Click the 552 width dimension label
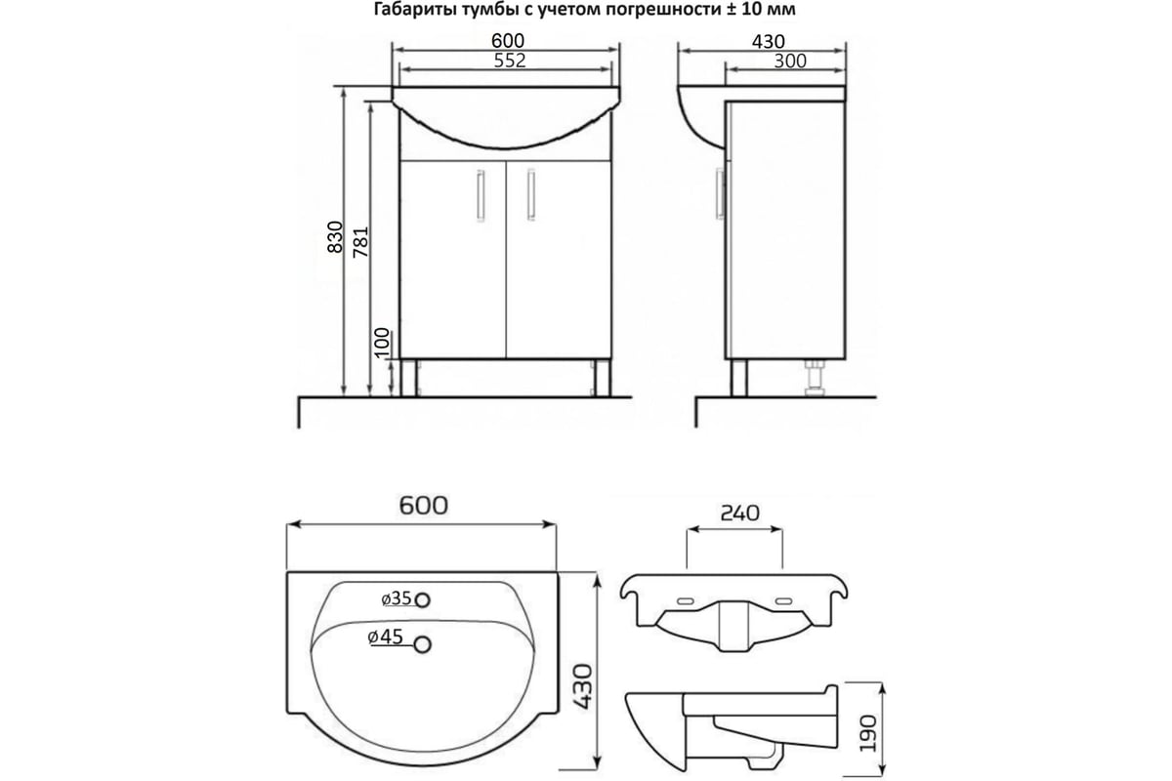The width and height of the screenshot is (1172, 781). pos(510,61)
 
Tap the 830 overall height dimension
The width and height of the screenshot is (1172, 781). pos(335,237)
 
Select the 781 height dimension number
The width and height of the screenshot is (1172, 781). pos(361,242)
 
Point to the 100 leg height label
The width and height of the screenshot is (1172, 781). pos(383,343)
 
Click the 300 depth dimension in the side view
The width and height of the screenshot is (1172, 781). pos(790,62)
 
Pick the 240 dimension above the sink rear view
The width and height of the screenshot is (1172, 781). pos(740,514)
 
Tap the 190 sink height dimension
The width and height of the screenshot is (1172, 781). pos(868,733)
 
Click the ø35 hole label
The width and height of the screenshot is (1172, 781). pos(397,597)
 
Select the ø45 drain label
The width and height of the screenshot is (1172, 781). pos(385,637)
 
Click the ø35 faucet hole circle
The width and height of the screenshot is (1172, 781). pos(422,600)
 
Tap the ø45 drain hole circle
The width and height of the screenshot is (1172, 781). pos(422,645)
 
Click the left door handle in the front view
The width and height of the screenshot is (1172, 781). pos(481,195)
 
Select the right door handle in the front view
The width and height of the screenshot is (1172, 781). pos(531,194)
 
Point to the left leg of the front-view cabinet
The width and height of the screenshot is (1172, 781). pos(408,378)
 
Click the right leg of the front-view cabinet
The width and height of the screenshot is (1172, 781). pos(603,378)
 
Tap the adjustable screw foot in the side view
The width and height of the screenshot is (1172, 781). pos(816,378)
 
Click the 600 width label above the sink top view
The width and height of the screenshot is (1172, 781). pos(423,506)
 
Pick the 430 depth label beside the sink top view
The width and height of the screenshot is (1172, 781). pos(582,686)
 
